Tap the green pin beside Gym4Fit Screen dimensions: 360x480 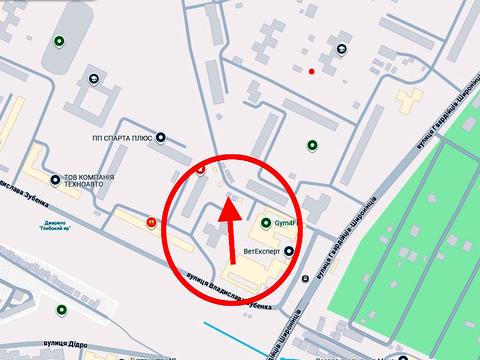(x=266, y=223)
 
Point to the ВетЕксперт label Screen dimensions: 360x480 (x=262, y=251)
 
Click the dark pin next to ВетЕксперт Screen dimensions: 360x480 (x=290, y=251)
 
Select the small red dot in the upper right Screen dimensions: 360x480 (x=312, y=71)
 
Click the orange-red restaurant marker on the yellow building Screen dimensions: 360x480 (x=150, y=222)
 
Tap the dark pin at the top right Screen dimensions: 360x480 (x=343, y=48)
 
